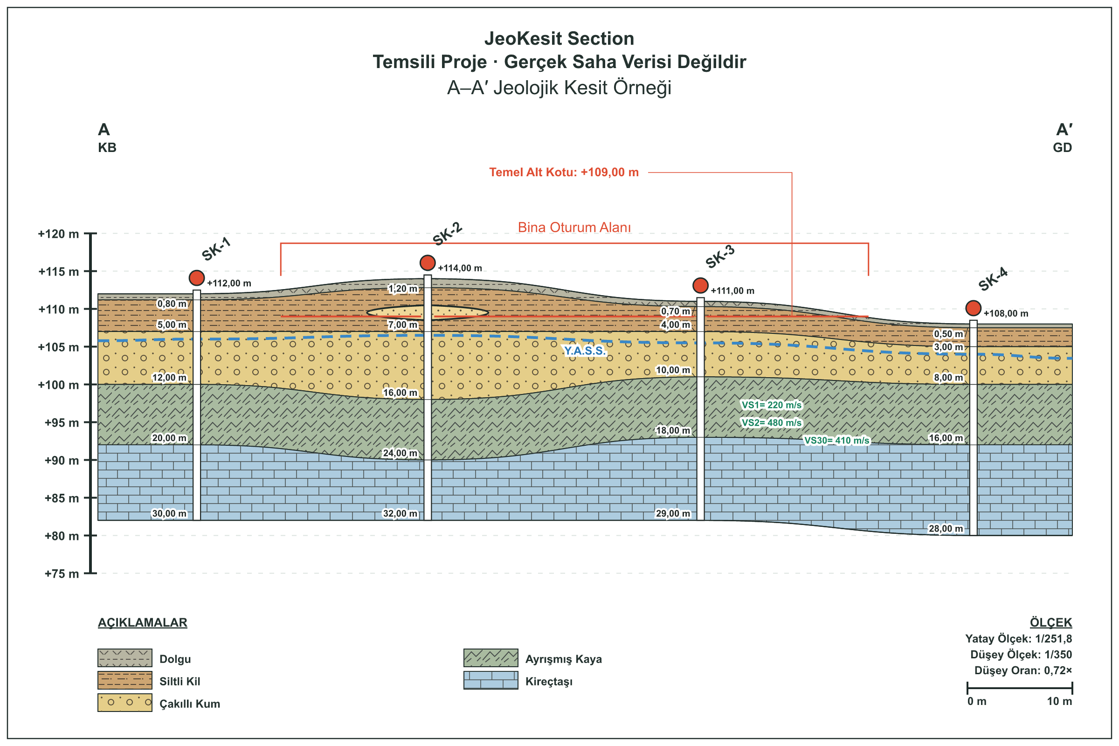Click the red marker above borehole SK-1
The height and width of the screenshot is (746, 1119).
[x=196, y=278]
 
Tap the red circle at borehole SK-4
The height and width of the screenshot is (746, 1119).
[x=974, y=308]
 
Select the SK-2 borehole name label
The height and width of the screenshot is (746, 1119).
[x=447, y=234]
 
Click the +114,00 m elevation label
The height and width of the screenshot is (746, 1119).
[x=460, y=269]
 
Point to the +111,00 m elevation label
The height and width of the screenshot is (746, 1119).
[x=732, y=291]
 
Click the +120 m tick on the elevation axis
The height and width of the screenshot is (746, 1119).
[x=90, y=234]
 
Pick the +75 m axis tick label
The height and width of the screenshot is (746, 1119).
[x=62, y=574]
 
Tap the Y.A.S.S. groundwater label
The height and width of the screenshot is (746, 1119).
[x=585, y=351]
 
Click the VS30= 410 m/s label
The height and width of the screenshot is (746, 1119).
[x=837, y=441]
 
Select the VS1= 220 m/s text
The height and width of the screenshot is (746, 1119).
[x=772, y=405]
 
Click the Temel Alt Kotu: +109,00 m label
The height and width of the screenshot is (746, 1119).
[x=564, y=172]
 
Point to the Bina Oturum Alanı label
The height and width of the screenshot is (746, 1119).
[x=574, y=228]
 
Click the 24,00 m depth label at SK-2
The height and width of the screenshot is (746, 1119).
[x=400, y=453]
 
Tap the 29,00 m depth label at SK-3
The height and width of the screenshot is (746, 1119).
[x=673, y=514]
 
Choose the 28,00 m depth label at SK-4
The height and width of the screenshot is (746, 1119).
[x=946, y=529]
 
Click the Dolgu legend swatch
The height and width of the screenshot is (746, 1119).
[x=124, y=658]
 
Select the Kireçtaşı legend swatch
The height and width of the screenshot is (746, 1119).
[x=491, y=680]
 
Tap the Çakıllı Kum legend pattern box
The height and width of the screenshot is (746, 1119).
[x=124, y=703]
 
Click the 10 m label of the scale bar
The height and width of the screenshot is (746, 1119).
[x=1059, y=702]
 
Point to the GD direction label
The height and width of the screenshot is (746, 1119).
[x=1063, y=147]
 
